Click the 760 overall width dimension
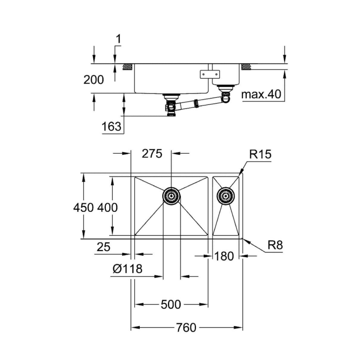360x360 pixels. coord(186,327)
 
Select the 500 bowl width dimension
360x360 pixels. coord(171,305)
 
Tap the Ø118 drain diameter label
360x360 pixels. coord(127,268)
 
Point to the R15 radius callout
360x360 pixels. coord(260,154)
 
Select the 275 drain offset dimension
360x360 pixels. coord(152,154)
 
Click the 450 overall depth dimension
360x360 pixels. coord(83,207)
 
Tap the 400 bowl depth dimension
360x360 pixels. coord(108,207)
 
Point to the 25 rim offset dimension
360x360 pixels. coord(103,247)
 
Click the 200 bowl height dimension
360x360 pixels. coord(93,80)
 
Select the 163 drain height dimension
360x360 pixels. coord(111,126)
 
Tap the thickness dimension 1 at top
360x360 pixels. coord(118,39)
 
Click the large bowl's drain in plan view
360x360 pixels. coord(171,195)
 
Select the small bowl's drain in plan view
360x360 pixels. coord(225,195)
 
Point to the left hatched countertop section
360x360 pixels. coord(127,67)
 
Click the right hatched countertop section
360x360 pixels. coord(246,67)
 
